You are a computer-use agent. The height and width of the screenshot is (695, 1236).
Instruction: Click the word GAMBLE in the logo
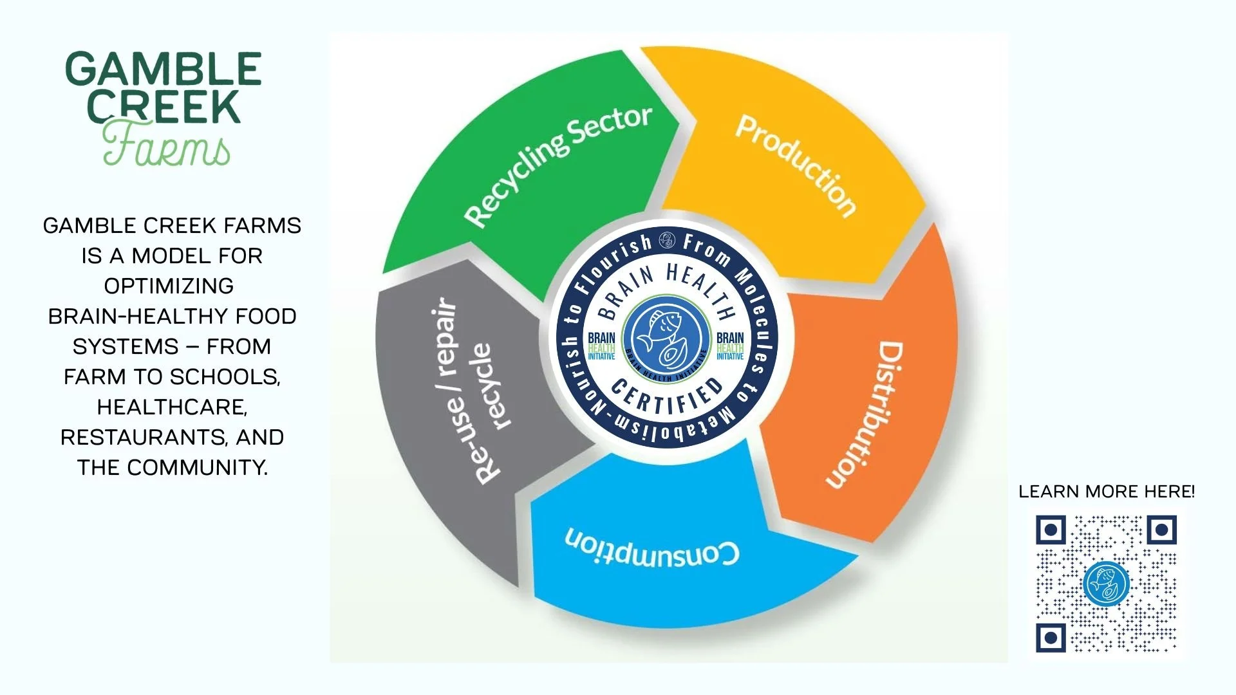pos(164,69)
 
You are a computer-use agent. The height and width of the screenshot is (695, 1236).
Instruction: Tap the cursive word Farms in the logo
pos(166,146)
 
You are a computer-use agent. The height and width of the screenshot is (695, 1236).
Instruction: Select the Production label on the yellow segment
pos(796,165)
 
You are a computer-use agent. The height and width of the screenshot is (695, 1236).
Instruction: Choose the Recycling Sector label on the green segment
pos(557,166)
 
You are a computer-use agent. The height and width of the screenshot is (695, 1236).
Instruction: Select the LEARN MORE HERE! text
pos(1106,492)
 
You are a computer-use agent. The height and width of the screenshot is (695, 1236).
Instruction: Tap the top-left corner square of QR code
pos(1051,530)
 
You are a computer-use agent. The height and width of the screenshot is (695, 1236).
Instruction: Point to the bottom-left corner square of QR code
pos(1051,638)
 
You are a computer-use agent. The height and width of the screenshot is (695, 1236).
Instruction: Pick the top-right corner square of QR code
pos(1161,530)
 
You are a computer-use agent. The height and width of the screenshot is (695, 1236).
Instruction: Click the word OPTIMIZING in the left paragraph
pos(169,286)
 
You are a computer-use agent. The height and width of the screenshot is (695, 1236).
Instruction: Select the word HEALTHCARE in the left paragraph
pos(172,407)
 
